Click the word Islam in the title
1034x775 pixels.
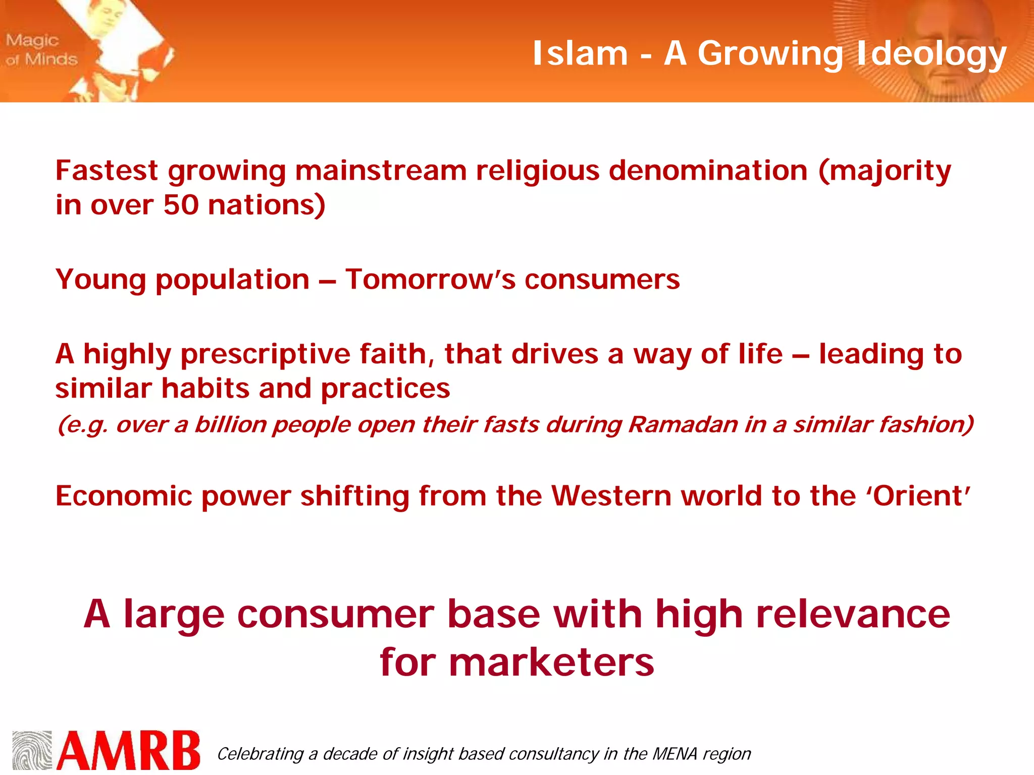click(580, 53)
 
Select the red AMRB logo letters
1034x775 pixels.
click(129, 751)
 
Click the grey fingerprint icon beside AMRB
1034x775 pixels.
click(32, 750)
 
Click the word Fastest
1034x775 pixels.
click(107, 171)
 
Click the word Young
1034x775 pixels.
click(100, 280)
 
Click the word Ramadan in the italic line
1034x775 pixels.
click(683, 424)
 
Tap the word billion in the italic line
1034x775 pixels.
click(231, 424)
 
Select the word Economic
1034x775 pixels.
click(124, 496)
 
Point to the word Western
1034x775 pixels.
click(611, 496)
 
